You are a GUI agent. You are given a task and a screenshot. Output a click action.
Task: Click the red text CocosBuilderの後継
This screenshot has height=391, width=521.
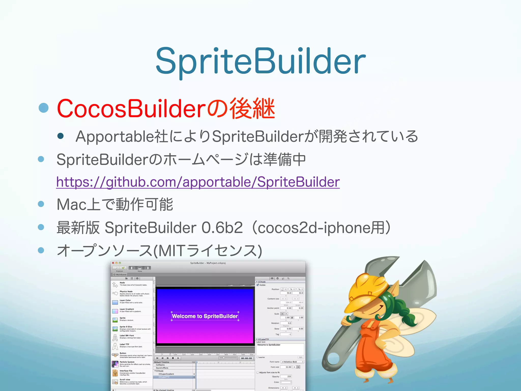coord(166,109)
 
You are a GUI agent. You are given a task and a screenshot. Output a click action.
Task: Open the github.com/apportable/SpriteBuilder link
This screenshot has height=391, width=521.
coord(198,182)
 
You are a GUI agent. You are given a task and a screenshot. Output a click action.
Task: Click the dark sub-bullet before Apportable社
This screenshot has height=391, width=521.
coord(61,136)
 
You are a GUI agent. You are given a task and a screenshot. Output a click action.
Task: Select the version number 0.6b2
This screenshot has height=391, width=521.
coord(222,228)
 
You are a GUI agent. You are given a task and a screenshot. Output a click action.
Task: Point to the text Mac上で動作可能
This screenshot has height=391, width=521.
coord(115,204)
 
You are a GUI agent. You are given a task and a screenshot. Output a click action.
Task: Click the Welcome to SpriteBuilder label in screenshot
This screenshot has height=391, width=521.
coord(205,316)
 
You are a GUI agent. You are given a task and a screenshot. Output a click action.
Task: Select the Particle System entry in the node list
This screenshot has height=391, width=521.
coord(127,362)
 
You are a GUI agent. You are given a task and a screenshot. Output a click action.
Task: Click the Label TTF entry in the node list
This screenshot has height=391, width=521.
coord(125,344)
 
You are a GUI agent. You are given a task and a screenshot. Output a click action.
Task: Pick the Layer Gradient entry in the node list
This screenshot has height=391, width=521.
coord(127,309)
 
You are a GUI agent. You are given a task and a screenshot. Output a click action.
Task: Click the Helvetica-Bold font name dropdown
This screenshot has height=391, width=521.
coord(293,362)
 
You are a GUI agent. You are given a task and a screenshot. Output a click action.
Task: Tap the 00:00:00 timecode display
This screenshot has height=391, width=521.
coord(246,358)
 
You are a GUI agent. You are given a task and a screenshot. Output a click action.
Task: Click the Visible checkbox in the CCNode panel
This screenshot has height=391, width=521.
coord(258,285)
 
